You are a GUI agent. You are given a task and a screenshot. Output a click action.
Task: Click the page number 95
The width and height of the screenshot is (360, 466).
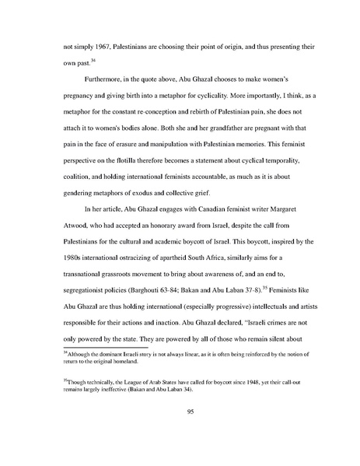180,432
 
